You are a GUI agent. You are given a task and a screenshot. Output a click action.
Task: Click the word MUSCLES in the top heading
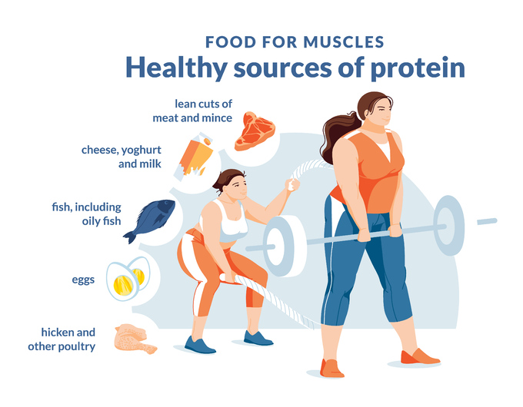344,42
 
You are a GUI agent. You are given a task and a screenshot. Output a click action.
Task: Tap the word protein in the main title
418,68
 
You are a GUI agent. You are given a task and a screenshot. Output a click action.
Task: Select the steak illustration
255,131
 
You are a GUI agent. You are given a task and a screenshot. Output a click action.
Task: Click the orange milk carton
194,155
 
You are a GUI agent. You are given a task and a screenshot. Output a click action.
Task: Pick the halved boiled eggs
128,279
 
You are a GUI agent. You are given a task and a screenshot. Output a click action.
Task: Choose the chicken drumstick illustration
134,339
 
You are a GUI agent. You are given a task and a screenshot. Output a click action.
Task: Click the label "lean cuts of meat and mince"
192,111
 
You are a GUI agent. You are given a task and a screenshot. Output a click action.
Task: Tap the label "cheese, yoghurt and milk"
122,157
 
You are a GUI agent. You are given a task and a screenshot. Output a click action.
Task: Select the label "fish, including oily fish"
86,213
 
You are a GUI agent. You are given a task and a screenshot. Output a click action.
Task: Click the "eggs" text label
83,280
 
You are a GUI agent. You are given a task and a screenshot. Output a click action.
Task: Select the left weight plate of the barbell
284,246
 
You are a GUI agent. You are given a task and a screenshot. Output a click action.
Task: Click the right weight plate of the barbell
448,226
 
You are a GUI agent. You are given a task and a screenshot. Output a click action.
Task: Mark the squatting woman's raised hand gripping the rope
291,184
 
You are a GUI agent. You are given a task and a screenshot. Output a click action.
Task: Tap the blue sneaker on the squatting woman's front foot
199,345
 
